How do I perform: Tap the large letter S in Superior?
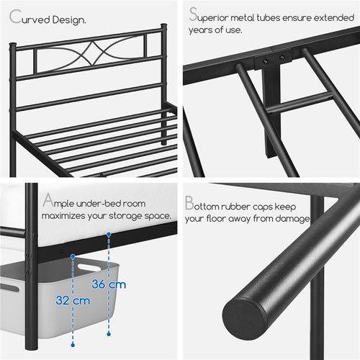[193, 14]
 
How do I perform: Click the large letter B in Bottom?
[190, 203]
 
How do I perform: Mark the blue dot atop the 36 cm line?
[109, 235]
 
